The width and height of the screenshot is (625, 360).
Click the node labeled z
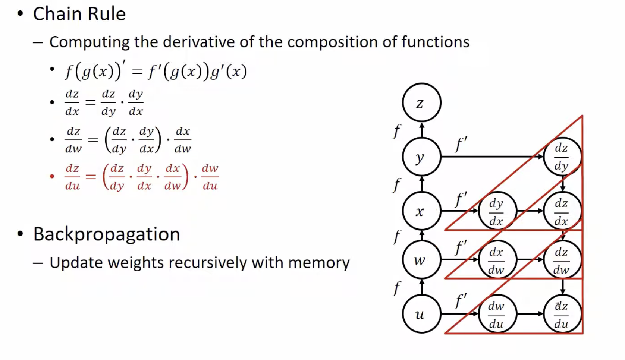point(421,102)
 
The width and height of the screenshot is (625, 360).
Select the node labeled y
point(421,157)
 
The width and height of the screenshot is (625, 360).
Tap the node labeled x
point(421,211)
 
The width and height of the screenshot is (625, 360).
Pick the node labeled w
point(421,259)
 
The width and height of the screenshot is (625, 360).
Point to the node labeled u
point(421,314)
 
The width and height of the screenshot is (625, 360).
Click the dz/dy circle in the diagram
point(562,157)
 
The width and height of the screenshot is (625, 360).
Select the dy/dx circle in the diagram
point(497,211)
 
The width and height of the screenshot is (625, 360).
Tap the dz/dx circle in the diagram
point(562,211)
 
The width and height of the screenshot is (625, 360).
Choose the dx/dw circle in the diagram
point(497,260)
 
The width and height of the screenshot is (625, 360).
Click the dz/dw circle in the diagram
point(562,260)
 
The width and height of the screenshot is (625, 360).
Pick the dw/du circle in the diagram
point(497,314)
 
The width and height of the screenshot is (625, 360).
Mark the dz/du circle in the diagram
point(562,314)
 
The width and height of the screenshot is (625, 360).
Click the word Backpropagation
point(107,234)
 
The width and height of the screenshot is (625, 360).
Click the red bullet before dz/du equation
point(52,176)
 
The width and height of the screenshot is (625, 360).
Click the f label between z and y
point(397,131)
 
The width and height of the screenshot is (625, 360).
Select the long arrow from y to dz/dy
point(492,157)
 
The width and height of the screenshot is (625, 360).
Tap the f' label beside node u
point(461,300)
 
